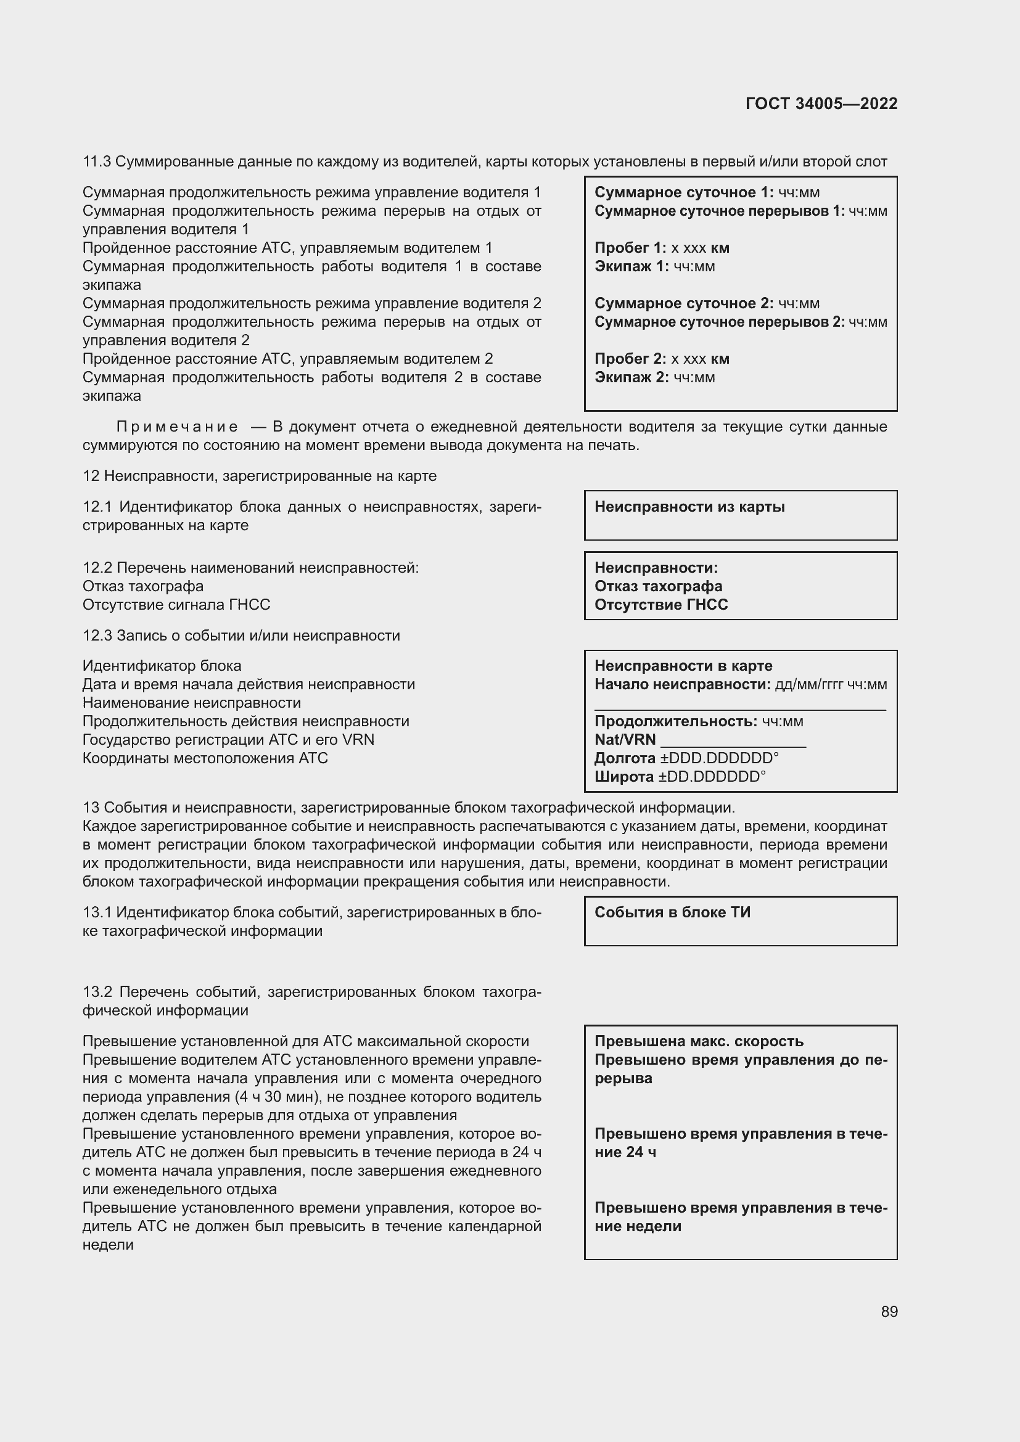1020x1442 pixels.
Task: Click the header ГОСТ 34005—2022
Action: point(821,104)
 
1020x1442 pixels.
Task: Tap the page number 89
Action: point(889,1311)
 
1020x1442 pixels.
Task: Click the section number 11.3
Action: point(97,162)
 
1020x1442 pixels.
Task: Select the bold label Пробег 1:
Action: point(630,247)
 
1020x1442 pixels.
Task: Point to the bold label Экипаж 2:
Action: point(631,377)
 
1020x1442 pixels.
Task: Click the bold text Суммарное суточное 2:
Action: point(683,303)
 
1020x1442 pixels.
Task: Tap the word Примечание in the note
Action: point(177,427)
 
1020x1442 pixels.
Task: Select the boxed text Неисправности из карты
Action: point(689,507)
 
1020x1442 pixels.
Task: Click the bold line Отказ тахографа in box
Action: point(657,586)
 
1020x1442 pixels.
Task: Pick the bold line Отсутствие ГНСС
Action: point(660,605)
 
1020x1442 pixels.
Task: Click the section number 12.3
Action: point(97,636)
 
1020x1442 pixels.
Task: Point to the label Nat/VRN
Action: point(624,740)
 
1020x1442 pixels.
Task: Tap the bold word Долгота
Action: point(624,758)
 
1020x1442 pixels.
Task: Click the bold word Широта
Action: point(623,777)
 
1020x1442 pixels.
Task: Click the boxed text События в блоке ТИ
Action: point(672,912)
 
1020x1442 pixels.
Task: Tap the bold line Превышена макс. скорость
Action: point(699,1041)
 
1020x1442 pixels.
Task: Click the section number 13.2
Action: point(97,993)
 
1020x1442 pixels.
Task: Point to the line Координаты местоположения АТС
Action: point(205,758)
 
